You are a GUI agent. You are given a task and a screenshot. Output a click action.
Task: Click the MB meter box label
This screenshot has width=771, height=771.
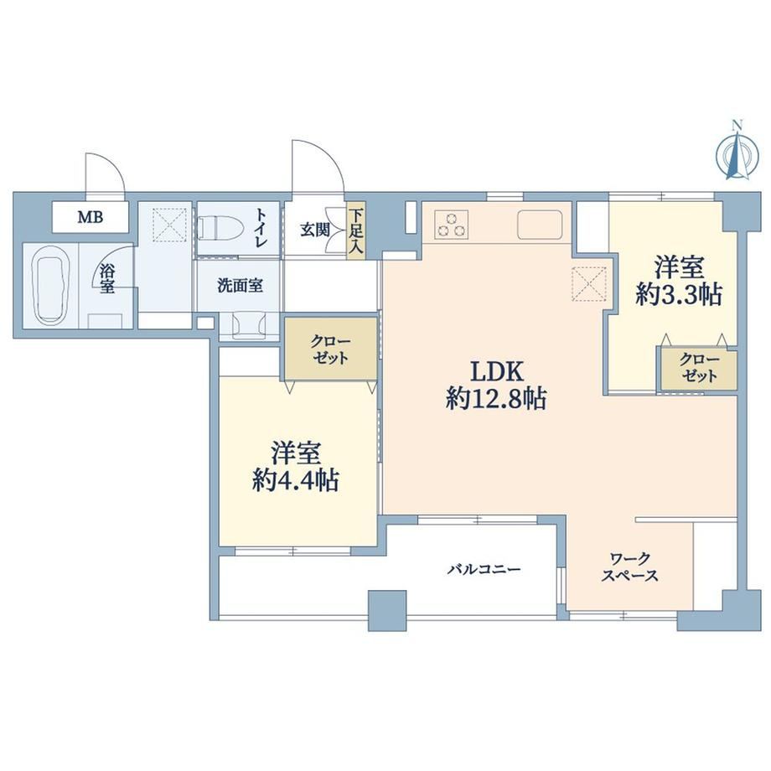(x=91, y=217)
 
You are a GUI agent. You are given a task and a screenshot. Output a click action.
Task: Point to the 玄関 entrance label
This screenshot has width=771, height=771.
(x=315, y=230)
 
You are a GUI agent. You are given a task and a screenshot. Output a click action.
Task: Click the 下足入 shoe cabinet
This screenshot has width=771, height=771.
(x=355, y=230)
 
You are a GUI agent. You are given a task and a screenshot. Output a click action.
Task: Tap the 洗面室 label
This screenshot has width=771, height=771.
(x=240, y=286)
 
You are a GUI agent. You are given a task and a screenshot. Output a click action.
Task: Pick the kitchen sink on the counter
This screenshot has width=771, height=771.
(x=541, y=225)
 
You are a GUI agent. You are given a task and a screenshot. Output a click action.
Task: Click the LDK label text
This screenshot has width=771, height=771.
(x=497, y=372)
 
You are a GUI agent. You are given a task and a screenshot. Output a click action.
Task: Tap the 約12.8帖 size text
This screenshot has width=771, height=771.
(x=496, y=399)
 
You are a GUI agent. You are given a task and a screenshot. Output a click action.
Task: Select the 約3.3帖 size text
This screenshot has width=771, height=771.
(x=679, y=296)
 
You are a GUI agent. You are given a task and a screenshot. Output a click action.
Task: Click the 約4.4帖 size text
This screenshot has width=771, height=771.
(x=296, y=480)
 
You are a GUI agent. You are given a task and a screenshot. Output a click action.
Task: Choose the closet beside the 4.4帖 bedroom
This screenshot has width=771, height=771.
(x=331, y=349)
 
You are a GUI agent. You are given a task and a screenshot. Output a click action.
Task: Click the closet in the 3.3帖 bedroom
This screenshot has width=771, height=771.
(x=699, y=368)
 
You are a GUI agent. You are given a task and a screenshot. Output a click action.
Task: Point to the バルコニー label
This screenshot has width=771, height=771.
(x=484, y=569)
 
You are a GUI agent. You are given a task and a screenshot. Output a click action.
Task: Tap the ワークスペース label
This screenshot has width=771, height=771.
(x=630, y=567)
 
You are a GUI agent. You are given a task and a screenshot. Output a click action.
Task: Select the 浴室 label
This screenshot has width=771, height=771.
(x=106, y=279)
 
